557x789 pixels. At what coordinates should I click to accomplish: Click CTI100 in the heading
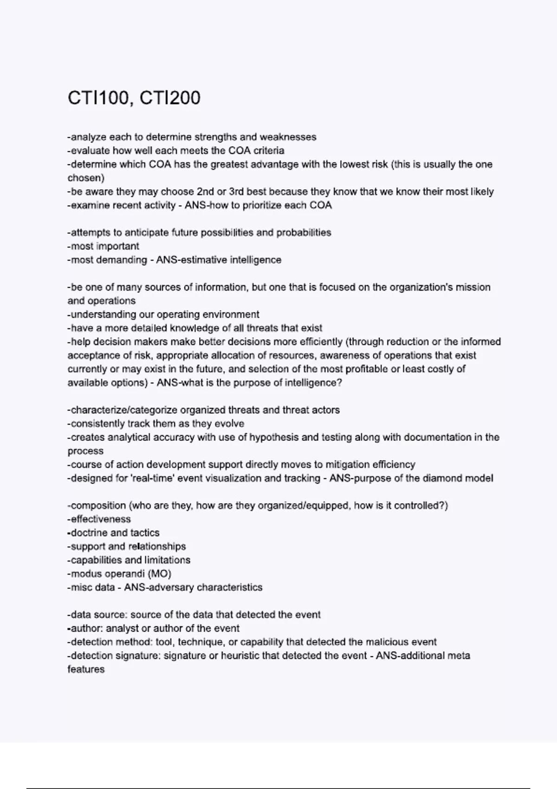click(x=98, y=98)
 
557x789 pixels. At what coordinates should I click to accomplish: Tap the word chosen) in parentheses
click(x=86, y=178)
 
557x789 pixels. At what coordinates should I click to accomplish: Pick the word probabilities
click(x=304, y=233)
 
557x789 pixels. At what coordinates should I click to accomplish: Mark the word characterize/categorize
click(x=123, y=410)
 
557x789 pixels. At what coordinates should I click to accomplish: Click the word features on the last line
click(x=86, y=669)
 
